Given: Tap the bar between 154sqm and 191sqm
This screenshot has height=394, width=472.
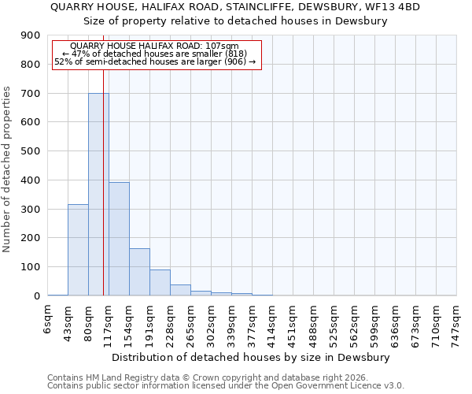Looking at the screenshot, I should tap(139, 272).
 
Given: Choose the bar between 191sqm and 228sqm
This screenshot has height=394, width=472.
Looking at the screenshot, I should tap(160, 283).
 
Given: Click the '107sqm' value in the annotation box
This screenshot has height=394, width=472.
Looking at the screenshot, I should tap(232, 46).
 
